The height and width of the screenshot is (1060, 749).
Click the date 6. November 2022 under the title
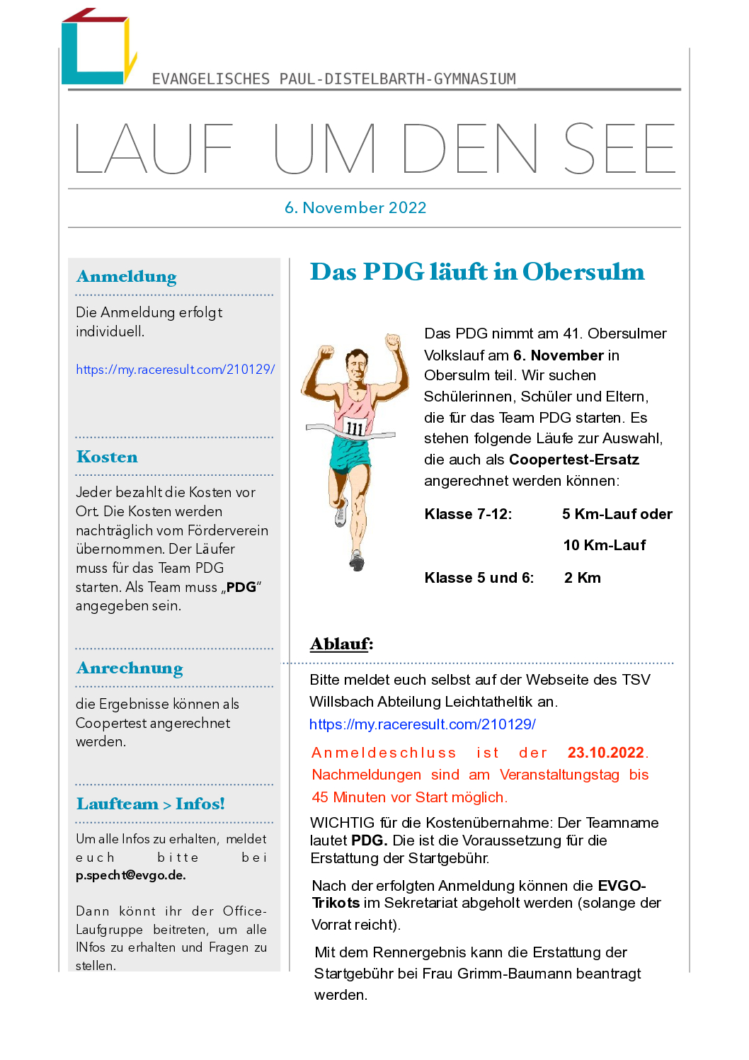click(x=355, y=207)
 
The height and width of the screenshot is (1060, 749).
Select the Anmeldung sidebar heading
click(x=127, y=276)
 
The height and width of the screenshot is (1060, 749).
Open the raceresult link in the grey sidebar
click(x=175, y=369)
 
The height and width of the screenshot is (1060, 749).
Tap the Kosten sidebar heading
click(x=107, y=457)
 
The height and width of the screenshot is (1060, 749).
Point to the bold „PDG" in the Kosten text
click(x=241, y=587)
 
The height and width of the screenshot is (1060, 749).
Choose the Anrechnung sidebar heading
click(x=130, y=668)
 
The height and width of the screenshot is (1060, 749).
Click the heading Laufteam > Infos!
click(x=150, y=804)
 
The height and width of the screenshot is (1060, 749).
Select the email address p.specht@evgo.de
click(x=131, y=875)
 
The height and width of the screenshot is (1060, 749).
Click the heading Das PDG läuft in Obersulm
click(x=477, y=272)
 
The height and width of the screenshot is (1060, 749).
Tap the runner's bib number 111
click(x=355, y=428)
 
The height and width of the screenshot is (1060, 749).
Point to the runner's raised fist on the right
click(x=392, y=342)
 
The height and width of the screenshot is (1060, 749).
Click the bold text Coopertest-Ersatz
click(x=573, y=460)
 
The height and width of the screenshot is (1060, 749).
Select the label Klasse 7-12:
click(x=468, y=514)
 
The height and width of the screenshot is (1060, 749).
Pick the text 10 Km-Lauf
click(x=605, y=545)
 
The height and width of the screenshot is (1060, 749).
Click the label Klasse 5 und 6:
click(x=479, y=578)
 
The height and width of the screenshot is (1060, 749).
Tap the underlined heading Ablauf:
click(x=341, y=644)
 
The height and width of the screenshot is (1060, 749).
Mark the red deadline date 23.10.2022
click(x=606, y=753)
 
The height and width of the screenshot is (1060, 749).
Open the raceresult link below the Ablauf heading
click(x=423, y=724)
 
